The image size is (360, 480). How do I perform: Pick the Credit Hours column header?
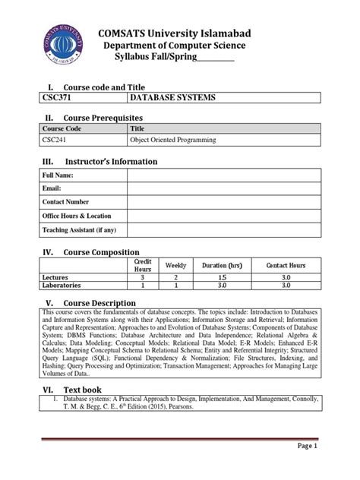pyautogui.click(x=143, y=265)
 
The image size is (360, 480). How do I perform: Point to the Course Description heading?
pyautogui.click(x=103, y=302)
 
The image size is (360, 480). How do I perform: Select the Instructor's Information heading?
pyautogui.click(x=110, y=162)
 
